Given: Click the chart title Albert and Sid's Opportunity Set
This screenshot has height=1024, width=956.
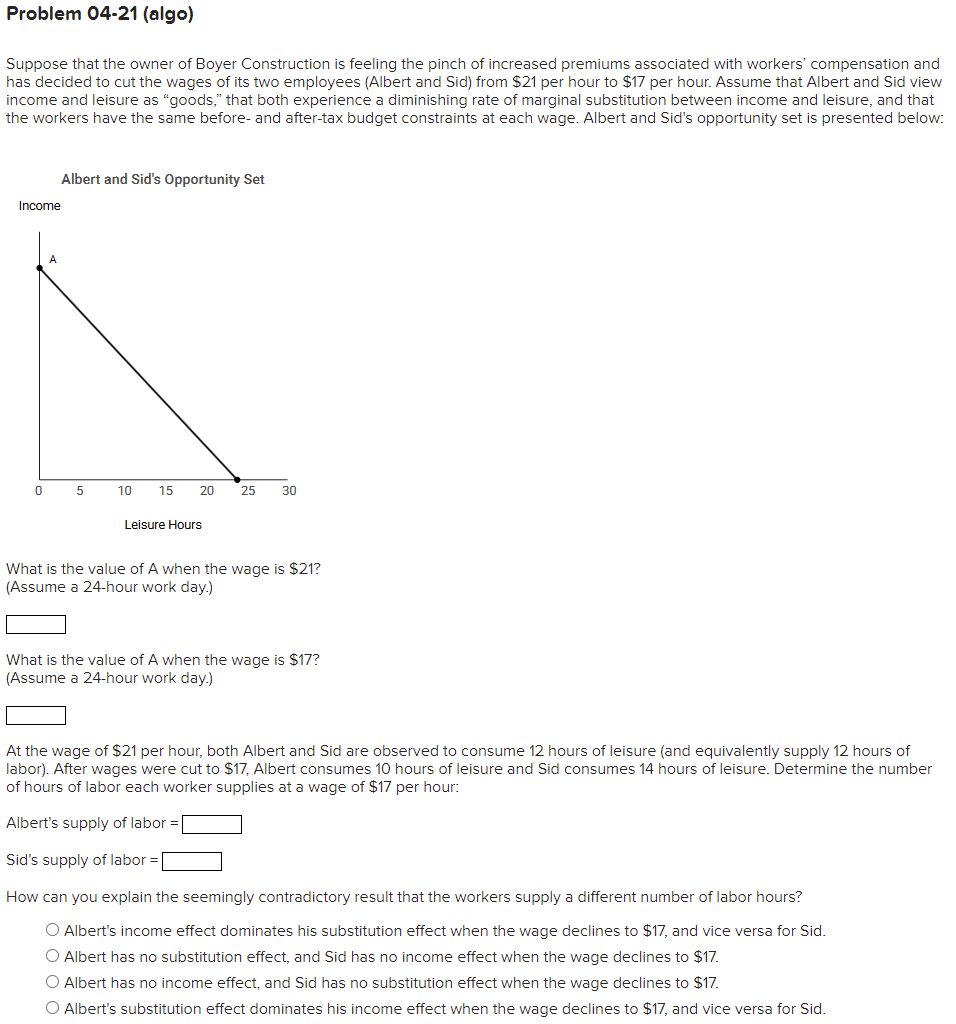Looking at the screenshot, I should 163,179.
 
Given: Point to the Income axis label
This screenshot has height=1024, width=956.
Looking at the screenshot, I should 39,206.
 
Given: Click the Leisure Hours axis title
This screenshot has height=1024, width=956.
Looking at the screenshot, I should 163,525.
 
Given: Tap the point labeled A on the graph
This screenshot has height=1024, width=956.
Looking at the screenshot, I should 40,267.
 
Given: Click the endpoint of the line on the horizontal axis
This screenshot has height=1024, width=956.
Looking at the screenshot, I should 237,479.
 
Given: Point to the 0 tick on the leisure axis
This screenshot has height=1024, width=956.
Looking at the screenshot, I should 38,491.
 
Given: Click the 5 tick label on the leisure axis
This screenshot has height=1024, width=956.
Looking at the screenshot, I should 81,491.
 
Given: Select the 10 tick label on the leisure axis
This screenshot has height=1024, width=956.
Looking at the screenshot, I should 124,491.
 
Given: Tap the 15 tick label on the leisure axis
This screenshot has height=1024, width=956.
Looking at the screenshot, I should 165,491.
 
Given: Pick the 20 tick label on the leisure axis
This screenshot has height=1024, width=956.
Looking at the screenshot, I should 206,491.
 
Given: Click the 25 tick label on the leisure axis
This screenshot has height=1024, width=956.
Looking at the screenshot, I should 248,491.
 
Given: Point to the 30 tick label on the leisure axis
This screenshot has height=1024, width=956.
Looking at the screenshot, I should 289,491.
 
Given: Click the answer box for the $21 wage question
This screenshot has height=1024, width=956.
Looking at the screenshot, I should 36,625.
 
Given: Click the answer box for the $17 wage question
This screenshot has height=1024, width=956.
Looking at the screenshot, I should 36,716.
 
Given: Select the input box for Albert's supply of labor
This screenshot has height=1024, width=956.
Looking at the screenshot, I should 212,824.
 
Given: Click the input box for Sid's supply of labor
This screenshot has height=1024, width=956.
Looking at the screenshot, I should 192,861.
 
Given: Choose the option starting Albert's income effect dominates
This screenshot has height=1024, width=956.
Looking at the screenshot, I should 53,931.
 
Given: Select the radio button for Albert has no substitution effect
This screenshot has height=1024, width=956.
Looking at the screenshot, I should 53,957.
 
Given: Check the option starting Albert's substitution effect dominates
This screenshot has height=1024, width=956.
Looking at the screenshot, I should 53,1009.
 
